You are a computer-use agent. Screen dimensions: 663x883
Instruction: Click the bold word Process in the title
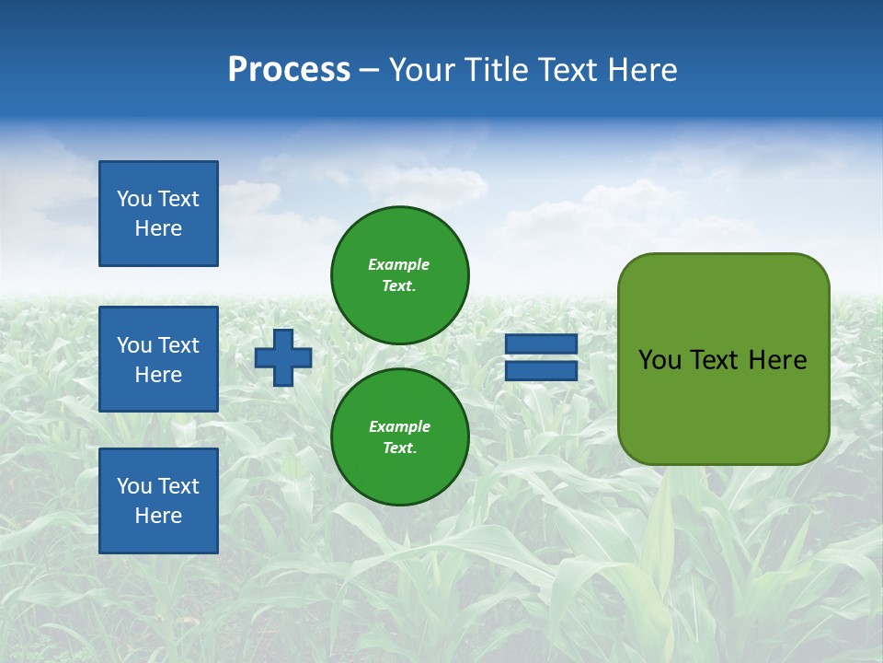coord(289,70)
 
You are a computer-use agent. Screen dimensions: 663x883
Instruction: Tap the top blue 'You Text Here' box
coord(158,214)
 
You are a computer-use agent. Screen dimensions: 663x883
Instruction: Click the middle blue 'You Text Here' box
coord(158,359)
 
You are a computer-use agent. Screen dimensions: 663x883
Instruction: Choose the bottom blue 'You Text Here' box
coord(158,501)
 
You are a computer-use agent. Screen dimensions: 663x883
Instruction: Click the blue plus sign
coord(283,357)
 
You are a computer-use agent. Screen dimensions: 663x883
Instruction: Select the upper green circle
coord(400,274)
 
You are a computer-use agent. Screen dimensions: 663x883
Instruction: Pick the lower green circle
coord(400,436)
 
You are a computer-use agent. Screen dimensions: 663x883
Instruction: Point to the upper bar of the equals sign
coord(541,344)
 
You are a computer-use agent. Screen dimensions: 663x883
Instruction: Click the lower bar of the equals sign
coord(541,371)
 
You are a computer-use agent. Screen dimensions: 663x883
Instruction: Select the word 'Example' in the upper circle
coord(398,265)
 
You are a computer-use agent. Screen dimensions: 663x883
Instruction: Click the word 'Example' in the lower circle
coord(398,427)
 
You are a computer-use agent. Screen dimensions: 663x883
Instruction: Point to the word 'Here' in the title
coord(644,70)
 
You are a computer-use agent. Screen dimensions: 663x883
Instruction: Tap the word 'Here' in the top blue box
coord(158,228)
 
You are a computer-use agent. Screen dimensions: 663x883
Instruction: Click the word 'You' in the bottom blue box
coord(134,486)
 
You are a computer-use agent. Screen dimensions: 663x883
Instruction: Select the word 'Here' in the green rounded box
coord(777,360)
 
